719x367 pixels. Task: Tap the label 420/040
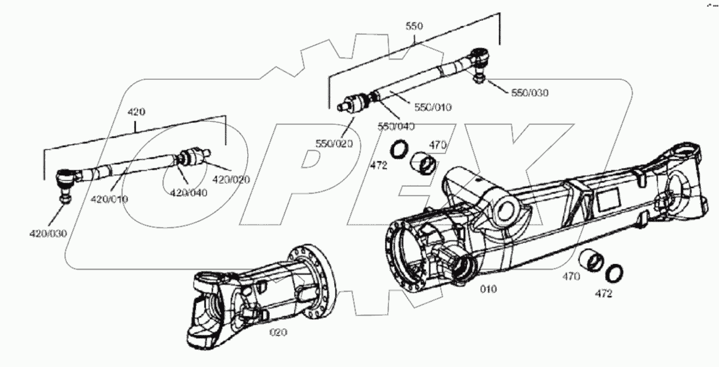[189, 192]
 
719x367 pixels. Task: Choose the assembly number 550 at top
[414, 26]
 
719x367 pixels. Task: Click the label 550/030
[530, 93]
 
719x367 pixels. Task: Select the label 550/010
[433, 107]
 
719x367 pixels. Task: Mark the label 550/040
[397, 126]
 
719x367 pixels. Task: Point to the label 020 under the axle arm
[278, 332]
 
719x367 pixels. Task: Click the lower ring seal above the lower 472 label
[614, 271]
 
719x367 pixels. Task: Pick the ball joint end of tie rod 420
[65, 180]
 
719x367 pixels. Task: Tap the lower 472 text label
[603, 293]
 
